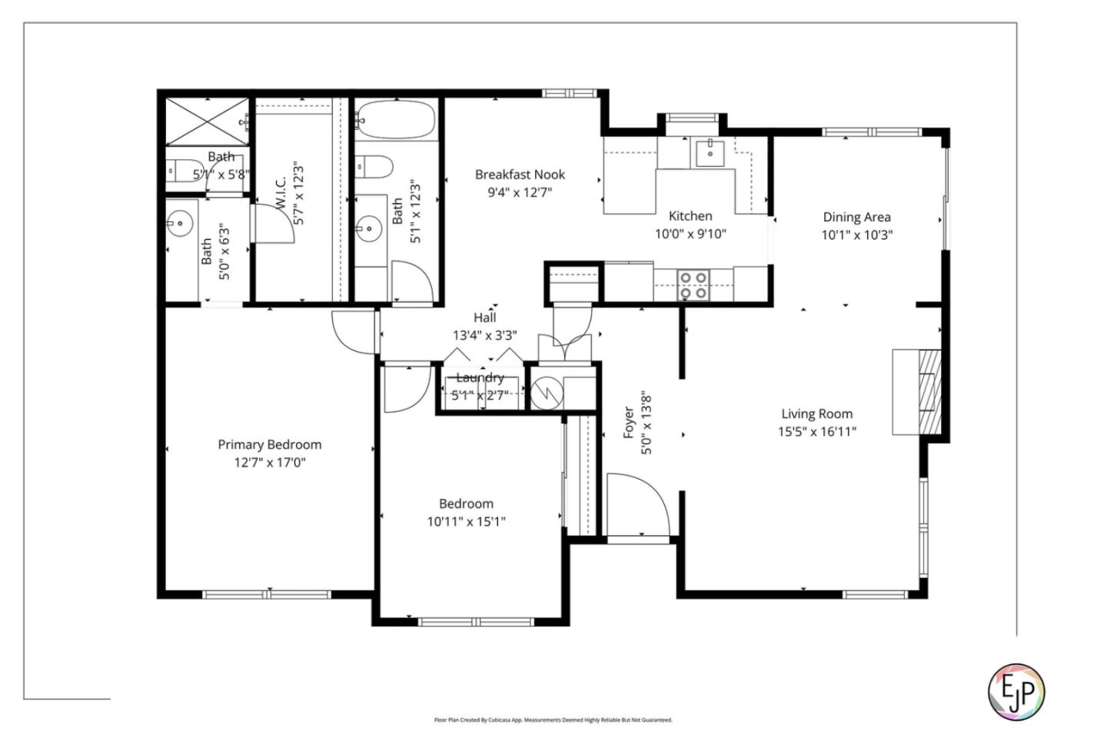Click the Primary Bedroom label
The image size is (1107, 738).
(269, 444)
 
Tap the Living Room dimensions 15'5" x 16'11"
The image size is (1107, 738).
(816, 432)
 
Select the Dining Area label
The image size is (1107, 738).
(856, 217)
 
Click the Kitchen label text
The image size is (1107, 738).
(690, 216)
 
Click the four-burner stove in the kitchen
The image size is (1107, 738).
(693, 284)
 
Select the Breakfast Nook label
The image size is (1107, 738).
(520, 175)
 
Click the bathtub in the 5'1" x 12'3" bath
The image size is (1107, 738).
(395, 120)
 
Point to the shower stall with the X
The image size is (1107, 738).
(208, 121)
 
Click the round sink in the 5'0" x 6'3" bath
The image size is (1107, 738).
(179, 224)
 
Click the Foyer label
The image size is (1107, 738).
(629, 423)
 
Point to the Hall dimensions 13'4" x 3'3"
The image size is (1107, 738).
(484, 335)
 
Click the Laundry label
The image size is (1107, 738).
(480, 377)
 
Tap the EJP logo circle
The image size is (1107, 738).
(1016, 692)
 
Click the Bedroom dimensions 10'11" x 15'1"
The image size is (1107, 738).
(466, 522)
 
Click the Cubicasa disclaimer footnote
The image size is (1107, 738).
(553, 720)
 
